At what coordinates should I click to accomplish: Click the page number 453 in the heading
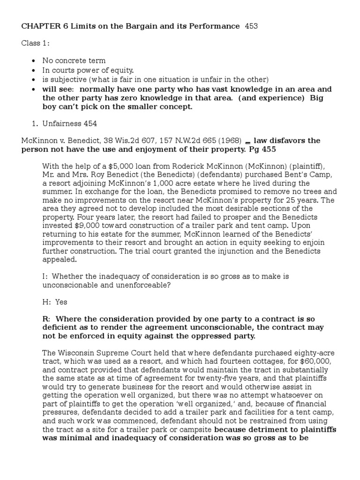(x=251, y=26)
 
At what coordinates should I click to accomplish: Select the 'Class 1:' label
(x=35, y=44)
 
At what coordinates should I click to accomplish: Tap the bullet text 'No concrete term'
(x=74, y=61)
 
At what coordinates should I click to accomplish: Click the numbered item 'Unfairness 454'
(x=70, y=123)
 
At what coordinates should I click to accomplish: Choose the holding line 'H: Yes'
(x=54, y=302)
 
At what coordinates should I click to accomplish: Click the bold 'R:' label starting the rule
(x=47, y=319)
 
